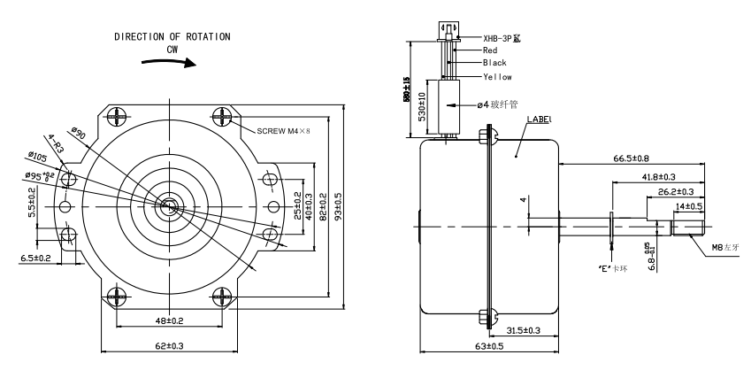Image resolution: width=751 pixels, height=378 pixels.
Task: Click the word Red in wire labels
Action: pyautogui.click(x=490, y=51)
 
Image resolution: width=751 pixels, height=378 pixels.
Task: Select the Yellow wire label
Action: pyautogui.click(x=497, y=77)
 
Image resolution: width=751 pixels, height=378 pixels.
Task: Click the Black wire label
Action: pyautogui.click(x=495, y=64)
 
